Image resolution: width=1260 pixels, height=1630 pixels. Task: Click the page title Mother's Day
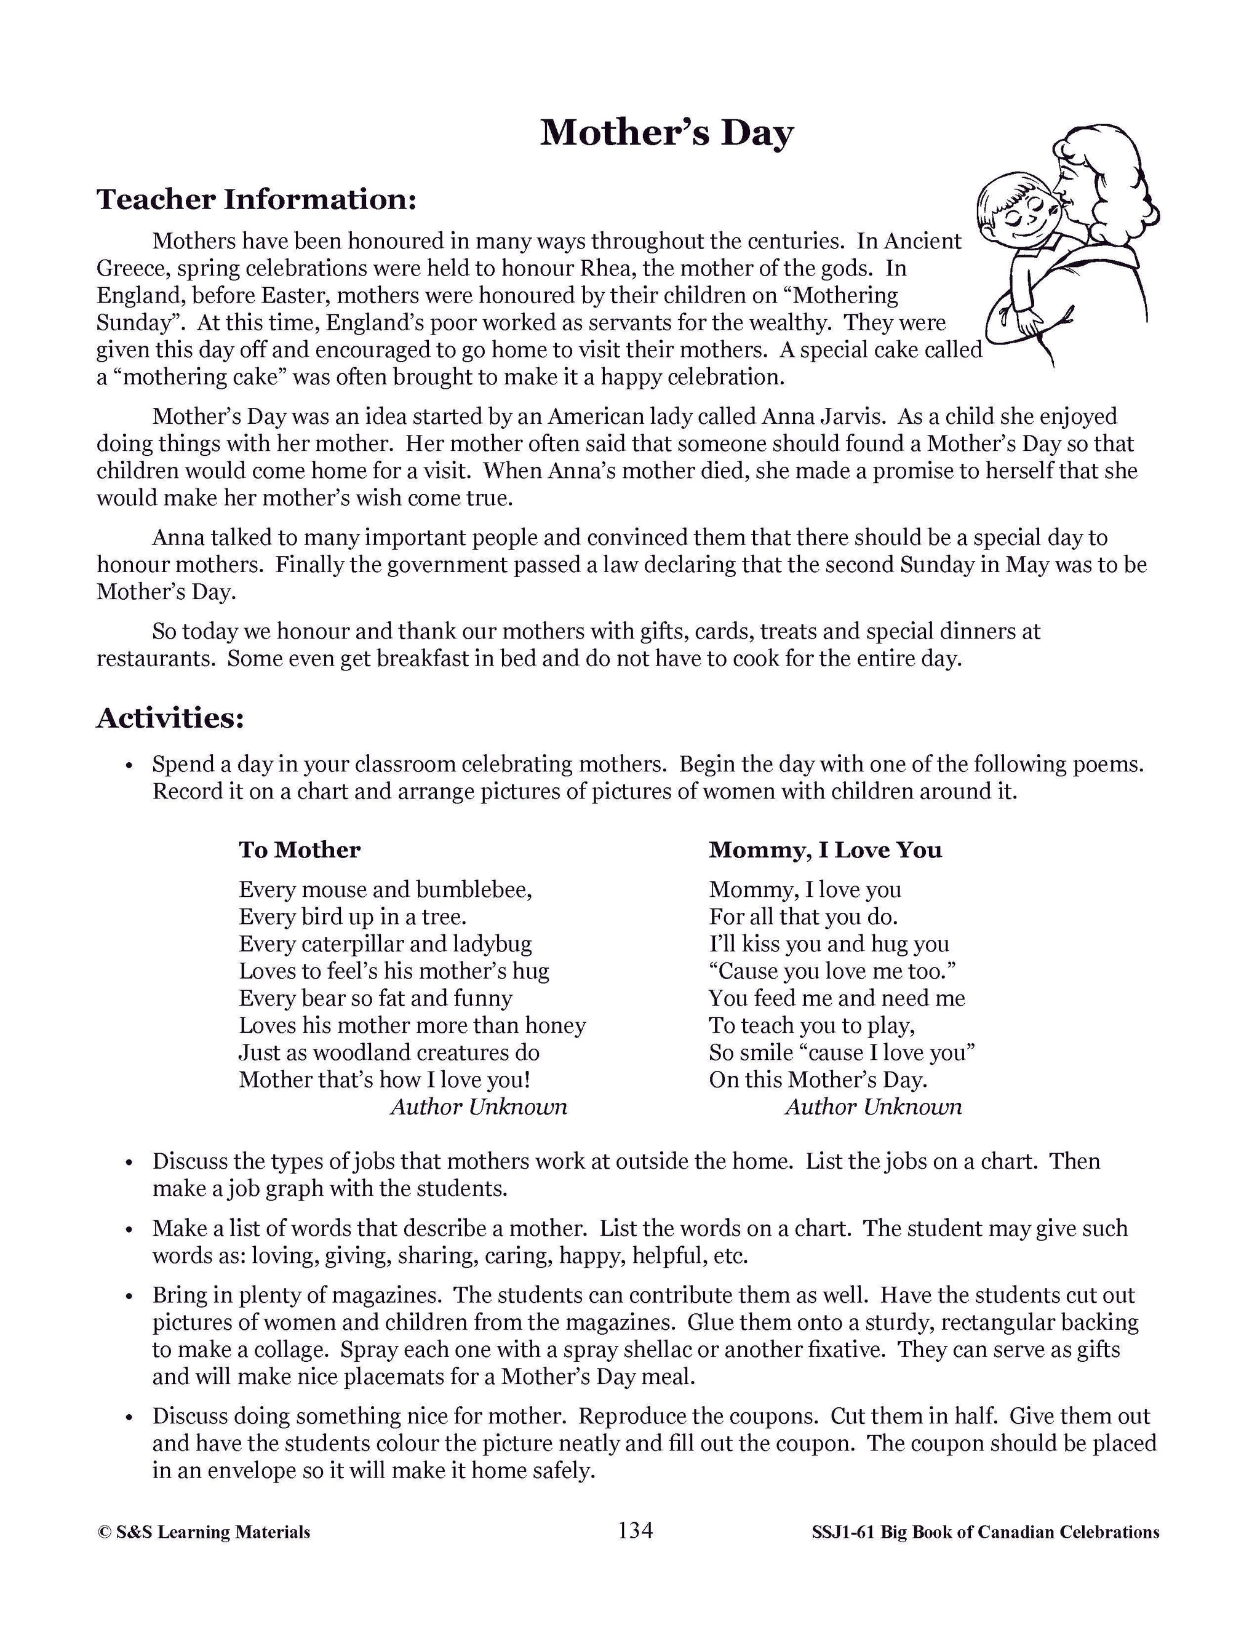[666, 133]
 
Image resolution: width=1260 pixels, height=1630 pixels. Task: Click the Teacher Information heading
[256, 199]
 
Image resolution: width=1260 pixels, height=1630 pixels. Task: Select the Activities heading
[170, 717]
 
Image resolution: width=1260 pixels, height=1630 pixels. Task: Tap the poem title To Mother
[300, 849]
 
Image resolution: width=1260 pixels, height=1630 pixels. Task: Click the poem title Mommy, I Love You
[825, 849]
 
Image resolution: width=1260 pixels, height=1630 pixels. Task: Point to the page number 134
[635, 1531]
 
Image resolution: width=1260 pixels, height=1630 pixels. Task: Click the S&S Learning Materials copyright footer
[204, 1532]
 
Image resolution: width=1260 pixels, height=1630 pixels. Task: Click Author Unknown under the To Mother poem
[479, 1107]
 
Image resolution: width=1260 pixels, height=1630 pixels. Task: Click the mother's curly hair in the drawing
[1120, 179]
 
